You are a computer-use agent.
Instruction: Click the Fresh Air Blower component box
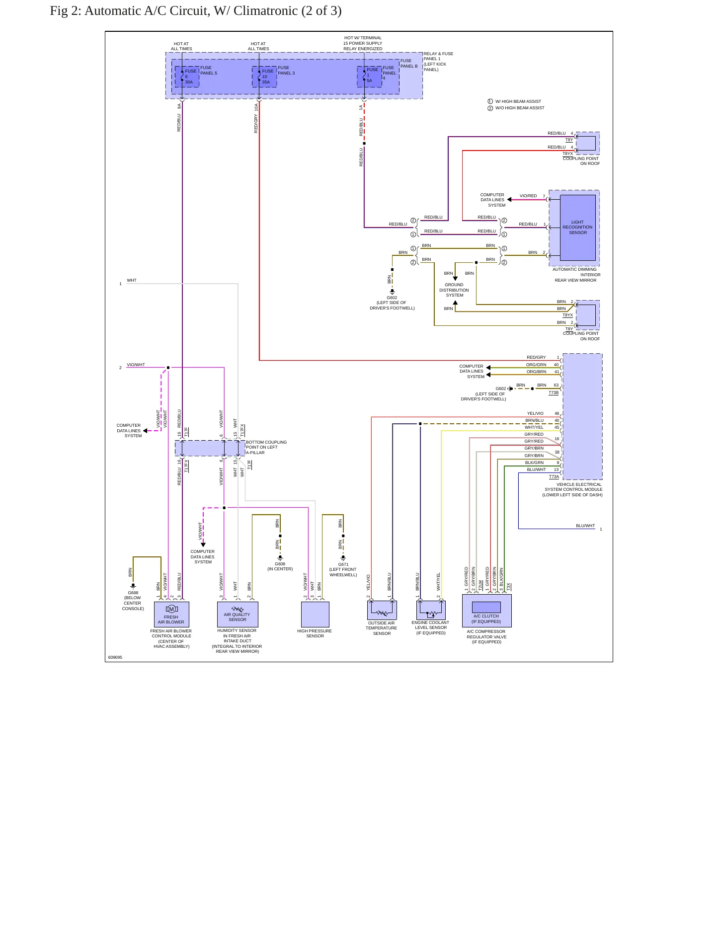click(171, 614)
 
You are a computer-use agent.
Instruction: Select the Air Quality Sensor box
click(238, 614)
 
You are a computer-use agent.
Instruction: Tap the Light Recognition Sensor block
click(577, 228)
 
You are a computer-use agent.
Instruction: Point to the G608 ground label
click(280, 564)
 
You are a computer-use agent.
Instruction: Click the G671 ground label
click(343, 564)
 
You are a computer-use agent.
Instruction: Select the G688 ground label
click(133, 593)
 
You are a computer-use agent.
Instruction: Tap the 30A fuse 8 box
click(187, 77)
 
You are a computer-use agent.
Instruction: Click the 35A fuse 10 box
click(264, 77)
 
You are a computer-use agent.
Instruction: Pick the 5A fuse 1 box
click(370, 77)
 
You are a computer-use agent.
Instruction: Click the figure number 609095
click(115, 657)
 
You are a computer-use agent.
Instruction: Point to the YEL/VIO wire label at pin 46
click(535, 413)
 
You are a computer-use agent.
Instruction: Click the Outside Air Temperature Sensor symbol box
click(382, 610)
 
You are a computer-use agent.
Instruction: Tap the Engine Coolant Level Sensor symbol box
click(431, 610)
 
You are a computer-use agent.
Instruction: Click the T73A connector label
click(554, 477)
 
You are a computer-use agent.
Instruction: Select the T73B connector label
click(554, 393)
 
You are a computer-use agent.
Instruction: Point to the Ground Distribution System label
click(454, 290)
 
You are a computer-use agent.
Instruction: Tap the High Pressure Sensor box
click(315, 615)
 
